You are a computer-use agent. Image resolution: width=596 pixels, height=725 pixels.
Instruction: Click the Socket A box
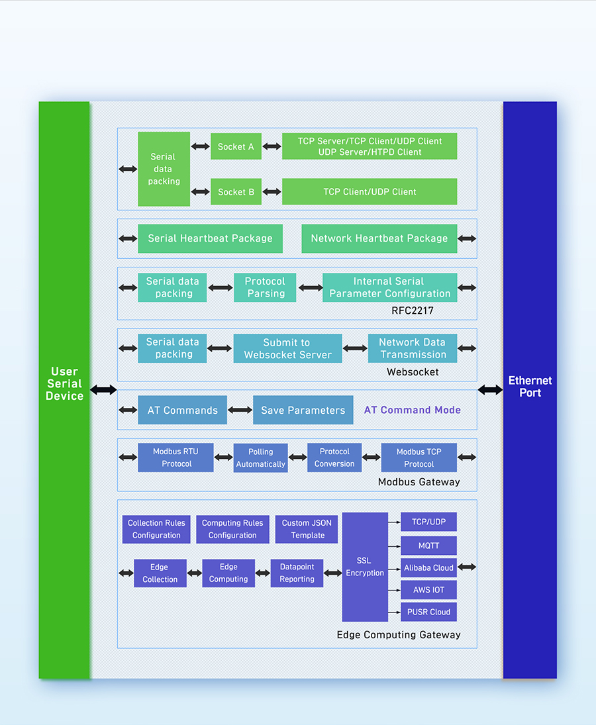236,146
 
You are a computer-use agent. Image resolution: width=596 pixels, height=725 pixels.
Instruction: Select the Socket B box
236,191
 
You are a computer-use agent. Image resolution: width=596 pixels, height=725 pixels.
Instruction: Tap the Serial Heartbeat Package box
210,238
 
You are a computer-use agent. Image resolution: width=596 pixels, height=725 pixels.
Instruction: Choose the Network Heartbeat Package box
379,238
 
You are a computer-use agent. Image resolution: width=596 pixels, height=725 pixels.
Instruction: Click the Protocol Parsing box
265,287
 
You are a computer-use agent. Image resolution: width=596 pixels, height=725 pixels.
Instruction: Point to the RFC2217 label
413,311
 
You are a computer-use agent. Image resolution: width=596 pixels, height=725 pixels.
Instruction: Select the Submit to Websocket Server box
287,348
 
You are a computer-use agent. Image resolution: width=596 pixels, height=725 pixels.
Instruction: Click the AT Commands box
182,410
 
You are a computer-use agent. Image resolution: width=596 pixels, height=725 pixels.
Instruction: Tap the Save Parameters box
303,410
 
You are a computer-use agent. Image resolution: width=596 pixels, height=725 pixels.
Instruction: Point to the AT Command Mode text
413,410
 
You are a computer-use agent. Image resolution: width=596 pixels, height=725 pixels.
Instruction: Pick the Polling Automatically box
260,458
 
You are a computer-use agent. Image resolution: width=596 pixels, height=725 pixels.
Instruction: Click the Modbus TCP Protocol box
419,458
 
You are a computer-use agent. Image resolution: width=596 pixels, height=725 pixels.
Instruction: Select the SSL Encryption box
365,567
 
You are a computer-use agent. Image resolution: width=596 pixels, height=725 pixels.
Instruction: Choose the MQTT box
428,546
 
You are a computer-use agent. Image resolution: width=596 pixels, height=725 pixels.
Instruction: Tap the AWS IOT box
428,590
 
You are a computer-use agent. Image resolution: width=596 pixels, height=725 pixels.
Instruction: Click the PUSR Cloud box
428,612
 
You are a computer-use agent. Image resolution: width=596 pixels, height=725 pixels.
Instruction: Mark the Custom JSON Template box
307,529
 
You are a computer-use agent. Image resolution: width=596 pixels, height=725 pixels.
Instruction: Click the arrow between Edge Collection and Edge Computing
194,573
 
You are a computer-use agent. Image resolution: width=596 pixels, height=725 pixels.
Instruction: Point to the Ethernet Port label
530,387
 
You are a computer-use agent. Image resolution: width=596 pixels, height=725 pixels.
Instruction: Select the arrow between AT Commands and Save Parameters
240,410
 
